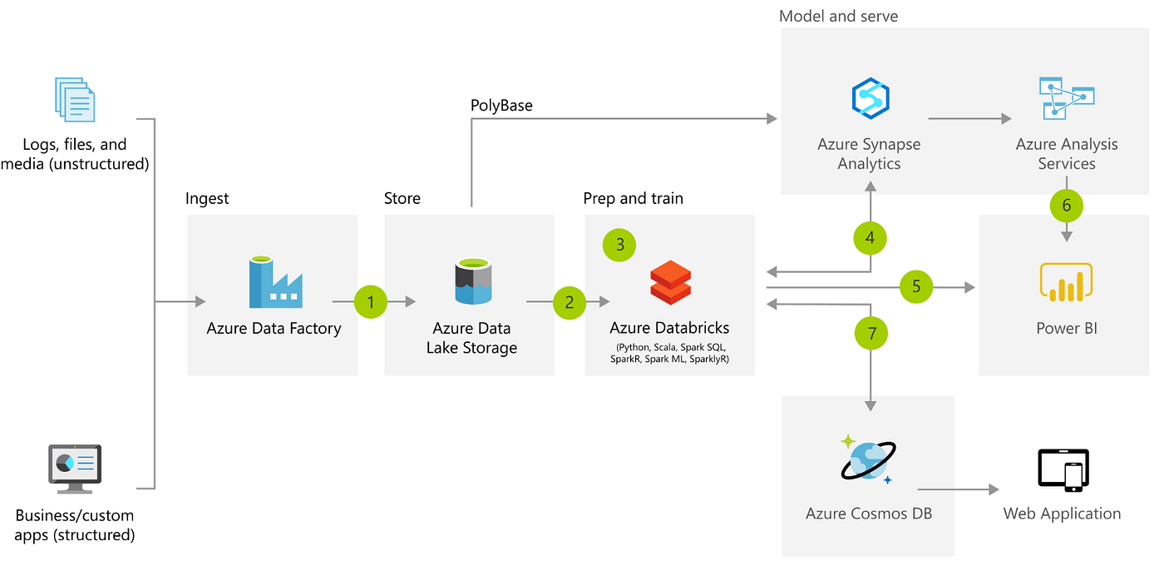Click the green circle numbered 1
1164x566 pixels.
point(371,302)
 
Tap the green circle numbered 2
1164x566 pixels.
point(569,302)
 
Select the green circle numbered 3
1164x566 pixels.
point(619,246)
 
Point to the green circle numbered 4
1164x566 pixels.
point(870,238)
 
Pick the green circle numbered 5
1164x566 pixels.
point(916,287)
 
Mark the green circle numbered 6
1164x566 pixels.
point(1067,205)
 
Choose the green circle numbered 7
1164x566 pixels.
point(871,334)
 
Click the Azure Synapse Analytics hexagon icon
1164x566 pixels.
point(871,97)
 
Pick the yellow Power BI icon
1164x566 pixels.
point(1066,282)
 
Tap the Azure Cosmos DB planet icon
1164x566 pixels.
point(868,459)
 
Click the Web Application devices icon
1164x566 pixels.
point(1063,470)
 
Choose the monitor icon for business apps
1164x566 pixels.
point(75,468)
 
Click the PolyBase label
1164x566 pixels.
point(501,106)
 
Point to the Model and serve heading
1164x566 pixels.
point(838,16)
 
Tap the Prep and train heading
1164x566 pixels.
point(633,198)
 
